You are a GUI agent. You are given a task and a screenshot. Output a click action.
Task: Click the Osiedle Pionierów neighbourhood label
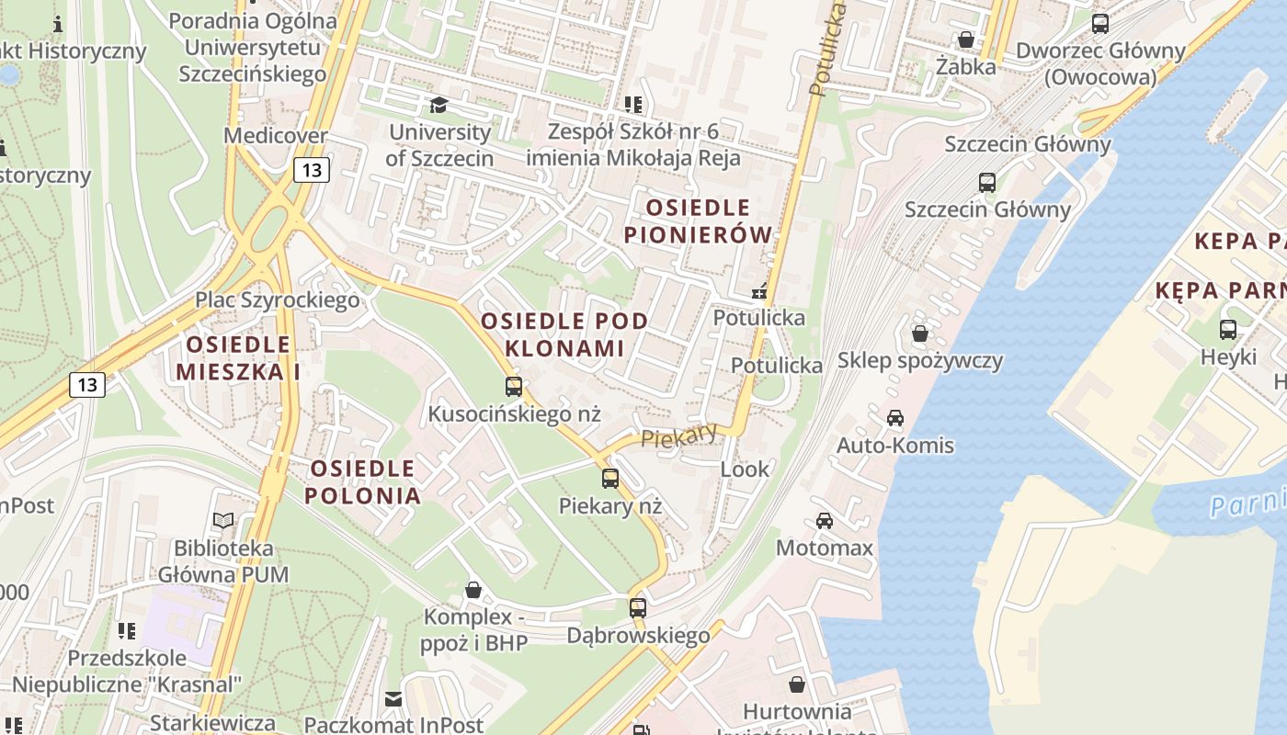point(699,221)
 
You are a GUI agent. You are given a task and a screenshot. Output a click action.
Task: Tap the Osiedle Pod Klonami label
point(564,334)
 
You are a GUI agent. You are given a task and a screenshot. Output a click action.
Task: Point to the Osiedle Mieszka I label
point(238,357)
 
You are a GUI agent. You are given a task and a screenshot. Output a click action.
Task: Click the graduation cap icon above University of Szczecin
point(438,105)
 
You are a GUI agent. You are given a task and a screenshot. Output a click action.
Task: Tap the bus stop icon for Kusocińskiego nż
point(514,387)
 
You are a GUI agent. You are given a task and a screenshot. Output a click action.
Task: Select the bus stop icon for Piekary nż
point(610,479)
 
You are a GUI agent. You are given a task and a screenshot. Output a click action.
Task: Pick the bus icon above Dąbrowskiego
point(638,607)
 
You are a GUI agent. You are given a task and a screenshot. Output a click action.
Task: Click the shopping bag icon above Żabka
point(966,40)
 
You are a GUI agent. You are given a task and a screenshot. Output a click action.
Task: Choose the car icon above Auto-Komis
point(895,418)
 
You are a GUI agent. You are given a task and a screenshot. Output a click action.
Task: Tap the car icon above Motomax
point(825,521)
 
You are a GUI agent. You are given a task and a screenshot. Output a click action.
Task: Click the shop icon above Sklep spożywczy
point(920,333)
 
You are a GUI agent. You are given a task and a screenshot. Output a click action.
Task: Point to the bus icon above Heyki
point(1228,330)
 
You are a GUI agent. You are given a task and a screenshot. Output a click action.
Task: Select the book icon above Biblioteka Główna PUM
point(223,520)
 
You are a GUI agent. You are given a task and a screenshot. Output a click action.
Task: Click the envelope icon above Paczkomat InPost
point(393,699)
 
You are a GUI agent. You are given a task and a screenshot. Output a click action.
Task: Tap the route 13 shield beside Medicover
point(312,169)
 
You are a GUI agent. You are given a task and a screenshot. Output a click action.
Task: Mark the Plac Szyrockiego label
point(277,300)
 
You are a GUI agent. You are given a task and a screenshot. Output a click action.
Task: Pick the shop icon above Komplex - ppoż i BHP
point(473,589)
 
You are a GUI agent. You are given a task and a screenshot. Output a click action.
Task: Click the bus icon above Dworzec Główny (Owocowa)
point(1100,24)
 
